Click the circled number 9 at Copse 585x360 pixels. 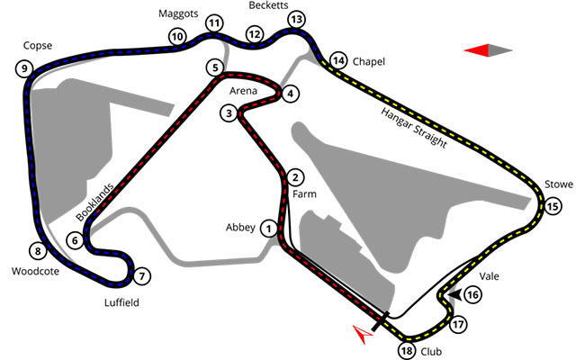pyautogui.click(x=24, y=68)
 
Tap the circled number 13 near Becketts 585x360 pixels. pyautogui.click(x=296, y=19)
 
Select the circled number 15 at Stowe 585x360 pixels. pyautogui.click(x=553, y=206)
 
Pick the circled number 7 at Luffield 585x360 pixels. pyautogui.click(x=141, y=276)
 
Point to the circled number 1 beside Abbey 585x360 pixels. pyautogui.click(x=268, y=228)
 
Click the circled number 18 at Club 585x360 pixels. pyautogui.click(x=407, y=351)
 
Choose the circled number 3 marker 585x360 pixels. pyautogui.click(x=229, y=113)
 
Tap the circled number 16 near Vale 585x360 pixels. pyautogui.click(x=472, y=295)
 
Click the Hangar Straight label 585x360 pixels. pyautogui.click(x=414, y=128)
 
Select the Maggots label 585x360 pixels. pyautogui.click(x=178, y=13)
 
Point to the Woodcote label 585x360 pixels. pyautogui.click(x=35, y=271)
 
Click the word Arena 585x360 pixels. pyautogui.click(x=243, y=91)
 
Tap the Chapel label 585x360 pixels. pyautogui.click(x=369, y=61)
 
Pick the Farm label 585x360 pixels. pyautogui.click(x=304, y=194)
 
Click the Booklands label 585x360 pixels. pyautogui.click(x=94, y=202)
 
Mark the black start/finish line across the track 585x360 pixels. pyautogui.click(x=381, y=321)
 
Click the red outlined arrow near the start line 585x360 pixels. pyautogui.click(x=363, y=334)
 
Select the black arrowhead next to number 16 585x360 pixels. pyautogui.click(x=454, y=294)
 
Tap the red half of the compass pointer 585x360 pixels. pyautogui.click(x=477, y=50)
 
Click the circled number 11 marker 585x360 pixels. pyautogui.click(x=214, y=23)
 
